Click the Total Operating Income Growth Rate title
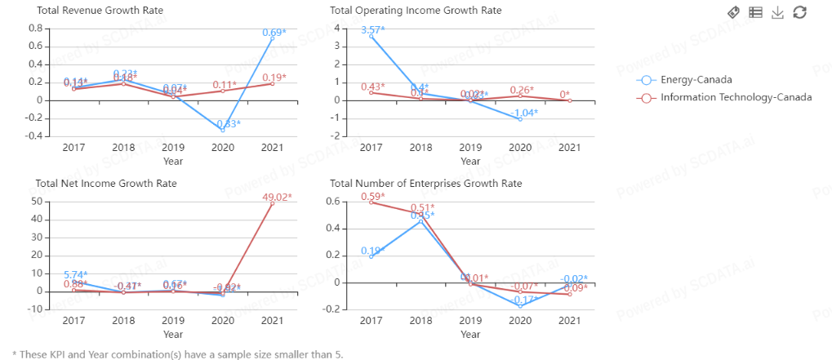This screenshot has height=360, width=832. [416, 11]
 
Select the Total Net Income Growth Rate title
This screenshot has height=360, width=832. [106, 184]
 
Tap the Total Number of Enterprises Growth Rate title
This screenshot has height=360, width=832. [425, 184]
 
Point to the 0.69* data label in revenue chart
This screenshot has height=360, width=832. [274, 33]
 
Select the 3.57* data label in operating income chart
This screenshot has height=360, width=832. [373, 30]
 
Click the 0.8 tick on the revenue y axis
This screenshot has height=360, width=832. [35, 29]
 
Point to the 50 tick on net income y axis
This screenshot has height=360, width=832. [37, 201]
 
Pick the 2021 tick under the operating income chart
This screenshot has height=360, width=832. [569, 148]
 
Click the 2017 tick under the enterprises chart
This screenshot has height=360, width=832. [372, 321]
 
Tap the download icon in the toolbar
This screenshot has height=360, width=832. [778, 12]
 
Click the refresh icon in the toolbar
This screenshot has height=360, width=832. [800, 12]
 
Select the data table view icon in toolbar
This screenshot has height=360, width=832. [756, 12]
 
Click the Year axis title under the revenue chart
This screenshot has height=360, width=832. [173, 161]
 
